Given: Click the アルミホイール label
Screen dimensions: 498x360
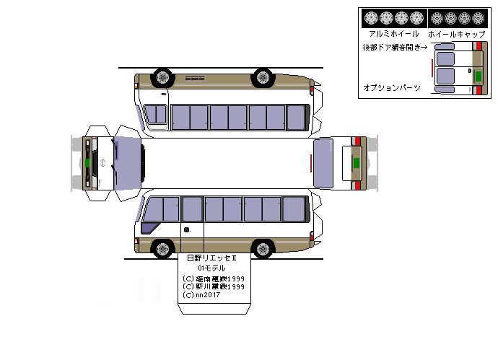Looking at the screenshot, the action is pos(393,34).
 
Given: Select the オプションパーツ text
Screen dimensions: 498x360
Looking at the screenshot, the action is pos(391,87).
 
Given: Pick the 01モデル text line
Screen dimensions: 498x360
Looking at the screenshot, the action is pos(211,268).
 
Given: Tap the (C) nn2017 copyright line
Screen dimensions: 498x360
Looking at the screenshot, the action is pos(202,294).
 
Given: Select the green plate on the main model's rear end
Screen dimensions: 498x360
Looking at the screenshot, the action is pos(355,162).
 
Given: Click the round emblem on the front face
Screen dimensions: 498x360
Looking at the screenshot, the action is pos(104,162).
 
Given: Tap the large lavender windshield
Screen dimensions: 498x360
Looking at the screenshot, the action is pos(127,163).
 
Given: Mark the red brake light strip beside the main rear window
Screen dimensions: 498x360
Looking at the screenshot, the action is pos(311,163).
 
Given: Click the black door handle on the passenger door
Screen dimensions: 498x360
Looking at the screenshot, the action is pos(187,229).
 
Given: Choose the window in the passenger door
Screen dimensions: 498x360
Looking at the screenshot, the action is pos(192,208).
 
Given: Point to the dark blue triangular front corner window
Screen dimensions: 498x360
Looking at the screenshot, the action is pos(149,228).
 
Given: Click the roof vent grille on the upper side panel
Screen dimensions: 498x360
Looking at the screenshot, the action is pos(195,77).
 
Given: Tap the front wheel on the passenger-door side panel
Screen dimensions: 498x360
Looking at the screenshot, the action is pos(164,250).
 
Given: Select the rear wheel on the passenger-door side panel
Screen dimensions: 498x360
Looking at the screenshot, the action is pos(264,250).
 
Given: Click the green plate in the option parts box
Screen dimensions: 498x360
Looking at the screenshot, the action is pos(478,75).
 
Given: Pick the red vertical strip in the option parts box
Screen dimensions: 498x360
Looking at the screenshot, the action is pos(432,69).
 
